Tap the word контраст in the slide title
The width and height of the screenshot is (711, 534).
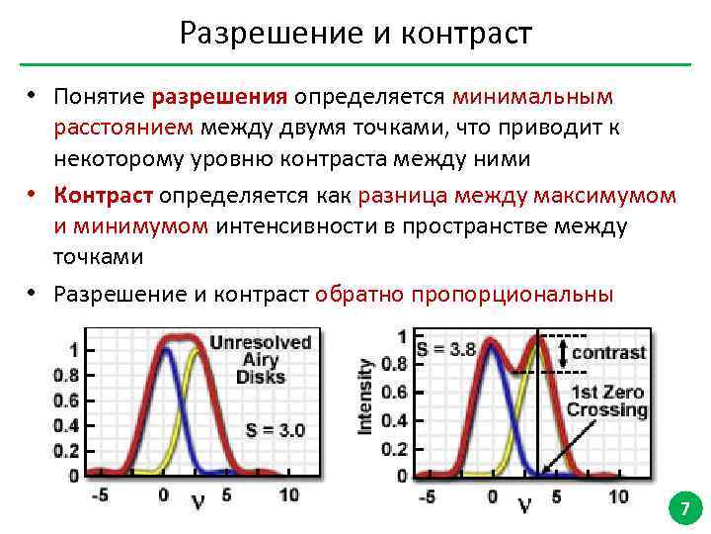(x=468, y=34)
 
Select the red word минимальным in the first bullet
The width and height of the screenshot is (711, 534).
(x=533, y=97)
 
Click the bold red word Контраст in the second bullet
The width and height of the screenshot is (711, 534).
(x=110, y=195)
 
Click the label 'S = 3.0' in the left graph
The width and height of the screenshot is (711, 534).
(x=276, y=430)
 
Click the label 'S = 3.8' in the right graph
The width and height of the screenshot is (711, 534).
(x=445, y=348)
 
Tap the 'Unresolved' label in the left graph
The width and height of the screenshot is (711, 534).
(x=261, y=342)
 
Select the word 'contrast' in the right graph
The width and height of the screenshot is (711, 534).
(x=609, y=352)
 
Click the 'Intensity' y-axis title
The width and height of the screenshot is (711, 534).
(x=365, y=396)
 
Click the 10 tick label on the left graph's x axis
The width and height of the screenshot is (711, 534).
(x=288, y=494)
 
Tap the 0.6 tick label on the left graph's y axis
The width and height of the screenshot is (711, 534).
(x=66, y=400)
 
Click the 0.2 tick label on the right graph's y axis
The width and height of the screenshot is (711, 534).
(x=394, y=451)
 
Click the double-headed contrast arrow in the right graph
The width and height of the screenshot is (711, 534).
(x=563, y=353)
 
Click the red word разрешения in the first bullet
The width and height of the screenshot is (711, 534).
(x=219, y=97)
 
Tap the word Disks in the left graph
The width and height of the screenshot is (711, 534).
(x=261, y=377)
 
